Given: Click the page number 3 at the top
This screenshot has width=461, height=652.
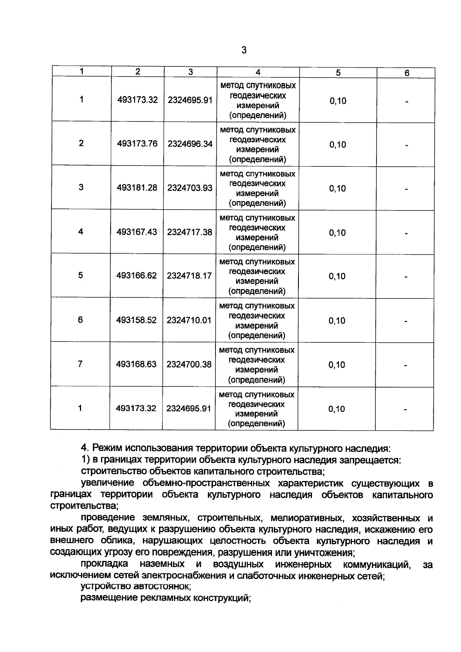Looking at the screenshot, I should tap(244, 50).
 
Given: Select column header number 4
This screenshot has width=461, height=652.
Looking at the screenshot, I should tap(258, 72).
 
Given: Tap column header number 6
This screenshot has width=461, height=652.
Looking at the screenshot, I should tap(407, 73).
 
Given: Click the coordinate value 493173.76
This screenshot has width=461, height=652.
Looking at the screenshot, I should tap(138, 144).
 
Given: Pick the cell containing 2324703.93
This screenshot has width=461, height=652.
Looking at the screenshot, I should tap(190, 188).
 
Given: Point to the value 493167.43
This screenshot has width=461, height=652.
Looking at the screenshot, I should tap(137, 232).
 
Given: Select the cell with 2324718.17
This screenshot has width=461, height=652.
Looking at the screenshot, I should tap(189, 276).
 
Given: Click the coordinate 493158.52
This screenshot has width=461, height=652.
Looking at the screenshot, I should tap(137, 320).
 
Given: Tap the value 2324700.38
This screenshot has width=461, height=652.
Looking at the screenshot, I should tap(189, 364).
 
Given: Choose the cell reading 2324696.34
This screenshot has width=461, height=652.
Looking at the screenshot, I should tap(190, 144).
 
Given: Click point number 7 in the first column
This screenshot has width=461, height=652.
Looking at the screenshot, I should tap(80, 363).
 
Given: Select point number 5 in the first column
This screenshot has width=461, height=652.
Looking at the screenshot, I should tap(80, 275).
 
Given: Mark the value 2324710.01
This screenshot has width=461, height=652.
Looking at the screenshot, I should tap(189, 320).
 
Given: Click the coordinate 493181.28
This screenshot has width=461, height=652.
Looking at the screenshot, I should tap(137, 188).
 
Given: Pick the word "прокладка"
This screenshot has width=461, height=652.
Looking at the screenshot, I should tap(104, 564).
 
